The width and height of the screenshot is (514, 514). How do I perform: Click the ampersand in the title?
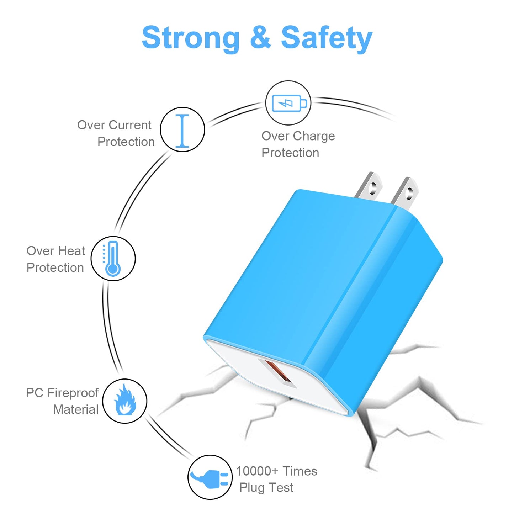click(x=260, y=37)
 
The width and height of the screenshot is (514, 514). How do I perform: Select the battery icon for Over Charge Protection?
click(x=289, y=103)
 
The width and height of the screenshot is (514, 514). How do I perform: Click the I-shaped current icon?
click(x=182, y=131)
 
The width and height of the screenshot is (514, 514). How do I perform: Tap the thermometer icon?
click(x=112, y=258)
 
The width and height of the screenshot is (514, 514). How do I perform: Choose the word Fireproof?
click(x=73, y=393)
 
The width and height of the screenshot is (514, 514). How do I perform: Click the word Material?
click(x=76, y=409)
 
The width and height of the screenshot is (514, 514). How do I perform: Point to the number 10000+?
click(x=257, y=471)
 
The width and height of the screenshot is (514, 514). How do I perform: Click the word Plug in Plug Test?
click(x=252, y=488)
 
